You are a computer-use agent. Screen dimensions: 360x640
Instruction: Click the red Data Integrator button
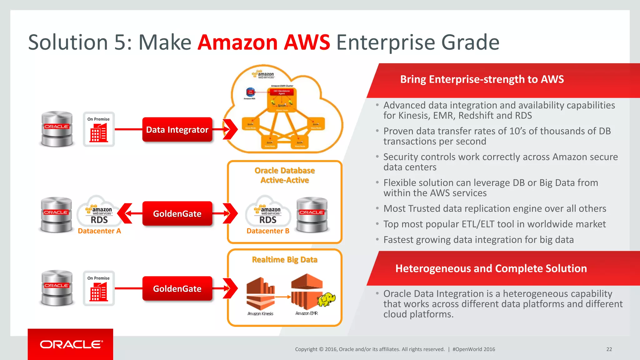pos(177,129)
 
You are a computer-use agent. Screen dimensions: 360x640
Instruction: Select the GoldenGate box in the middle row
pos(177,213)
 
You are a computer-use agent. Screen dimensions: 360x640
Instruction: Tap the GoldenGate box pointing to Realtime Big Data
pos(177,288)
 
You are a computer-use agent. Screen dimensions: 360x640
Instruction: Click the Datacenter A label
pos(99,231)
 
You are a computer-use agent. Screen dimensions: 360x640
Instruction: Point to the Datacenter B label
pos(268,231)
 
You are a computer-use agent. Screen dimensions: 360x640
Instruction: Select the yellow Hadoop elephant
pos(327,299)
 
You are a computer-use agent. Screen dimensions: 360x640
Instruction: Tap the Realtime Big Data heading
pos(284,260)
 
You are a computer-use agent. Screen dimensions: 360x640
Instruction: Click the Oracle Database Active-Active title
pos(284,175)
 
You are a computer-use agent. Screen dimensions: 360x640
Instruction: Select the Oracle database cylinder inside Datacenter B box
pos(312,215)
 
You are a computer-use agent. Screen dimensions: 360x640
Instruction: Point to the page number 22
pos(609,349)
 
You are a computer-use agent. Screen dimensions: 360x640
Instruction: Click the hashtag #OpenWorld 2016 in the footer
pos(474,349)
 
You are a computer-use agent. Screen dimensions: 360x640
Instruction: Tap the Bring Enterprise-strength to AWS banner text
pos(482,79)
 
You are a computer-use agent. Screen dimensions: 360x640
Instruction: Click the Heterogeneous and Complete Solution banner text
pos(491,268)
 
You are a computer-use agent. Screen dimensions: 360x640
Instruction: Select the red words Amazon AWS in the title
pos(264,42)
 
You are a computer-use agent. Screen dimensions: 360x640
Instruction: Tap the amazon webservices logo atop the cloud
pos(263,74)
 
